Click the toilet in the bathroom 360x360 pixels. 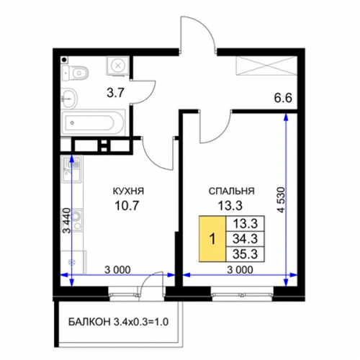(75, 72)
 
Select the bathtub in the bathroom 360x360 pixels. (94, 123)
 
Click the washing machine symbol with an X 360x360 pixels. (117, 66)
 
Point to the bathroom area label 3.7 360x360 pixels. (115, 92)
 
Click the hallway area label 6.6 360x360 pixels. (283, 98)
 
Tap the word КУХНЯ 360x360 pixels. (128, 192)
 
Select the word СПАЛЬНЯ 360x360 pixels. (232, 192)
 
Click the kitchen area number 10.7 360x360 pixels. (127, 205)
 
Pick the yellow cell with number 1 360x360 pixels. (212, 238)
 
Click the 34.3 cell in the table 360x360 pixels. (246, 239)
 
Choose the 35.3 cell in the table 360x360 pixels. (246, 254)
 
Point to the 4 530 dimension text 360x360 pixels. (281, 199)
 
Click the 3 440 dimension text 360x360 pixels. (66, 221)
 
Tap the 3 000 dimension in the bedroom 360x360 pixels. (240, 270)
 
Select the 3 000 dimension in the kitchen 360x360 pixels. (117, 270)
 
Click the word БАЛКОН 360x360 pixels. (90, 322)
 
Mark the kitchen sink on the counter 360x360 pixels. (72, 169)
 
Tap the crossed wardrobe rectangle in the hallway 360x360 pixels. (266, 66)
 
